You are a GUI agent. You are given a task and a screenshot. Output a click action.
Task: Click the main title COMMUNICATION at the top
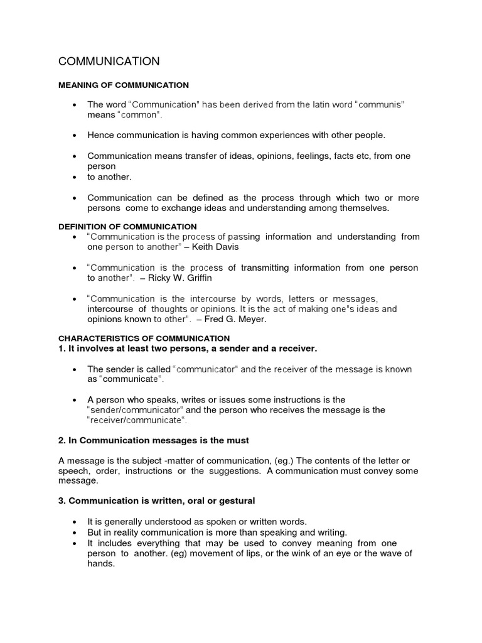pos(109,61)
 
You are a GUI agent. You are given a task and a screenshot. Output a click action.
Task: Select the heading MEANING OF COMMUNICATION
pos(124,85)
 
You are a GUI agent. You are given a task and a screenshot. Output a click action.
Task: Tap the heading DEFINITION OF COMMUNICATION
pos(127,226)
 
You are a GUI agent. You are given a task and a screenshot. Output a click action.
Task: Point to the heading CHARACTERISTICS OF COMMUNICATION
pos(144,338)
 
